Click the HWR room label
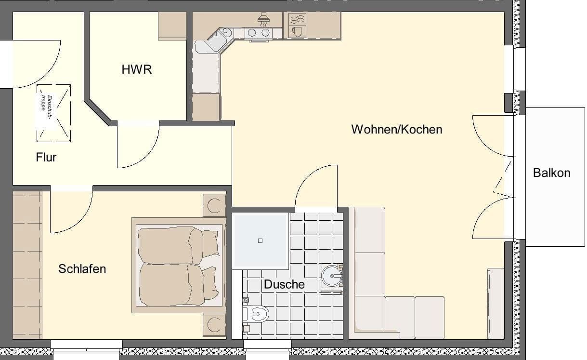tap(137, 69)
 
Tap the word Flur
tap(46, 157)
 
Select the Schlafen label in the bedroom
tap(82, 269)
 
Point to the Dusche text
tap(284, 284)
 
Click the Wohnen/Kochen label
tap(396, 130)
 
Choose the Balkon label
tap(551, 173)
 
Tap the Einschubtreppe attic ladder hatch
tap(53, 113)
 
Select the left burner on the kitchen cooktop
tap(252, 33)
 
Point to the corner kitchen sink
tap(224, 33)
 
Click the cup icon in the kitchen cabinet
tap(297, 32)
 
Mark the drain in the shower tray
tap(261, 240)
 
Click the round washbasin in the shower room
tap(331, 276)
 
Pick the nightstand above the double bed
tap(214, 206)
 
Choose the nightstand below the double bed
tap(214, 324)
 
